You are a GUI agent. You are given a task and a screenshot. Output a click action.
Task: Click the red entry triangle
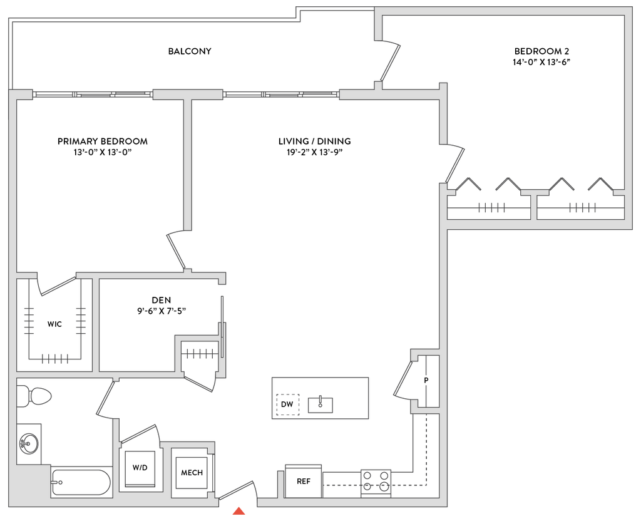238,512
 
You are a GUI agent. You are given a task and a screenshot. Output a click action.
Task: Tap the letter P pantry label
426,380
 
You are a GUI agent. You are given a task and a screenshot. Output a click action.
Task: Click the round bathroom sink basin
28,444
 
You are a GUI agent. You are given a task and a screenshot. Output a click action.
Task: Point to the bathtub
81,482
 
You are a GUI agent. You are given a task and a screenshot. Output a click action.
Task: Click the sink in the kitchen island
320,405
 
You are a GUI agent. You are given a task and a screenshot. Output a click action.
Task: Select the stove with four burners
376,482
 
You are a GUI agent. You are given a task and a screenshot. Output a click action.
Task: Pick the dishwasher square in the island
288,405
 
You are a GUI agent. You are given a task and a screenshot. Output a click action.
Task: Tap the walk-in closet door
58,285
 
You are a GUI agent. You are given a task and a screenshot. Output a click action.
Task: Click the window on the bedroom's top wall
93,95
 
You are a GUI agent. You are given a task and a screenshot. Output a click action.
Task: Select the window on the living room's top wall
281,95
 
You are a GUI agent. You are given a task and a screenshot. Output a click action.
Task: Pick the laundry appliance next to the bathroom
140,469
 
